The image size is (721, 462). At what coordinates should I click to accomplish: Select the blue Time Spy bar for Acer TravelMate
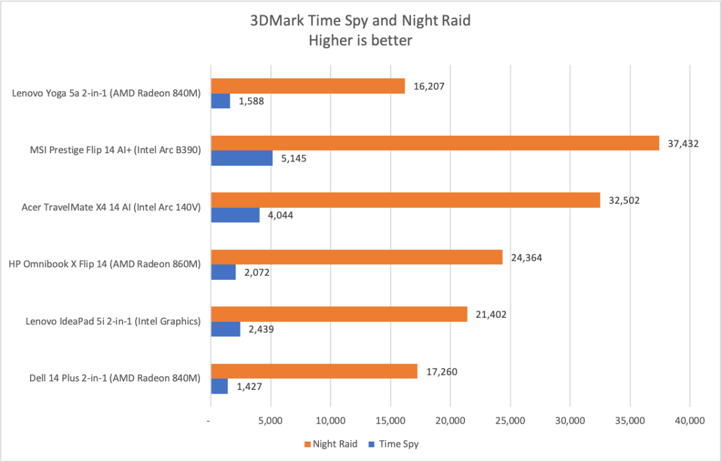coord(235,214)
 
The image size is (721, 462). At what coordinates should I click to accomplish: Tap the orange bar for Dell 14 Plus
coord(314,371)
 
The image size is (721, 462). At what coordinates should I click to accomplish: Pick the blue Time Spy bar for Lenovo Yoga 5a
coord(220,101)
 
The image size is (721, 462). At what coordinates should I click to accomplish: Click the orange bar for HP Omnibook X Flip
coord(356,257)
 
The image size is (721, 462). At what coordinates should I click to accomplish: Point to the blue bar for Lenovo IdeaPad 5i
coord(225,329)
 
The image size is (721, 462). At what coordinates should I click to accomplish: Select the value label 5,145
coord(290,159)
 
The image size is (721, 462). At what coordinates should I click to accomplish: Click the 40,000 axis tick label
coord(689,421)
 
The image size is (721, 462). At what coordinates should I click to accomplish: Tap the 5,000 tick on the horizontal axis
coord(270,421)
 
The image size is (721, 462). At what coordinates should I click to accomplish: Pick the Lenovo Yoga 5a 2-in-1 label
coord(106,93)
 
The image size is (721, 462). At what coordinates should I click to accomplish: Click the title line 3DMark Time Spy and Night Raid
coord(360,20)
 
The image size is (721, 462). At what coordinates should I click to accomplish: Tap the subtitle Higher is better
coord(360,40)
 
